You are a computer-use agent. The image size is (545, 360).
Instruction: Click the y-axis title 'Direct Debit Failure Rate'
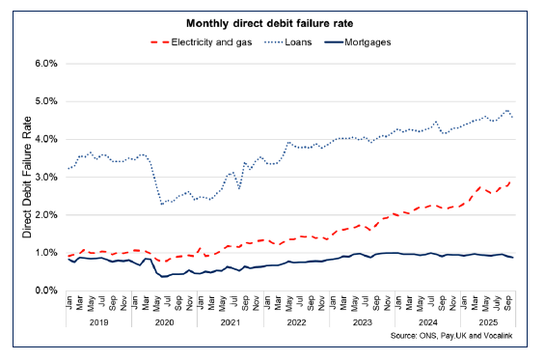pos(27,177)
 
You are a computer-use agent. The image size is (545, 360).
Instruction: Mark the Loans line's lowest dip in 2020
pos(162,204)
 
